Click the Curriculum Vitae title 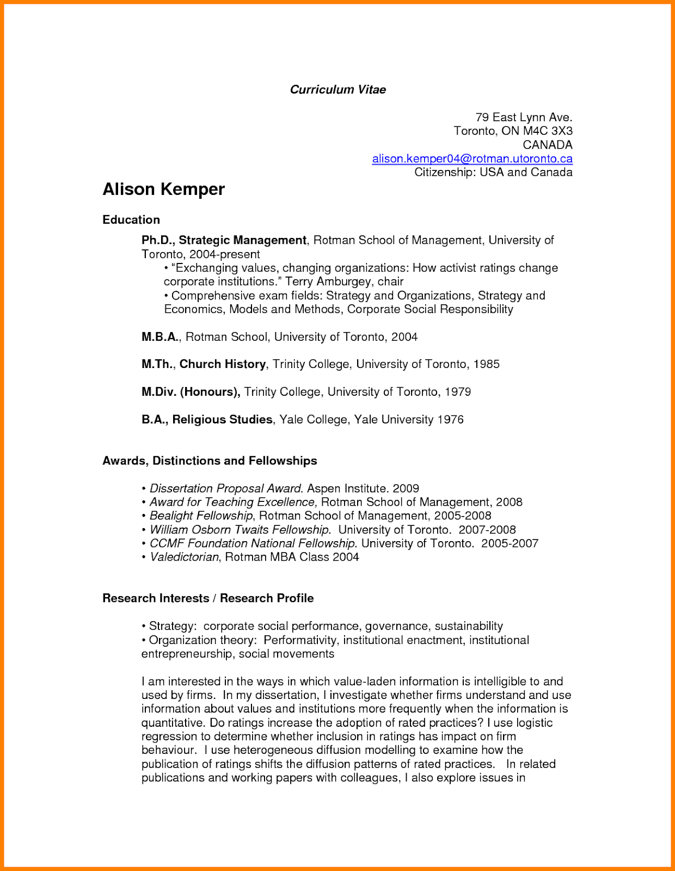[337, 90]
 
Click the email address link [472, 158]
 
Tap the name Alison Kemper [163, 189]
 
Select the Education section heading [131, 220]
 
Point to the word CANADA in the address [547, 145]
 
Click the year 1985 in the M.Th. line [486, 364]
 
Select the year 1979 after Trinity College [457, 392]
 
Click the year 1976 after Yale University [450, 420]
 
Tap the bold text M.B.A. [160, 337]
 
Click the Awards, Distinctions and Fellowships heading [210, 461]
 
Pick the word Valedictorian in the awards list [184, 557]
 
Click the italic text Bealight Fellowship [201, 516]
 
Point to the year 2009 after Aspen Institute [406, 488]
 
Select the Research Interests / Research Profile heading [208, 598]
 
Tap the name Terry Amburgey [321, 281]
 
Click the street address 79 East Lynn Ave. [524, 117]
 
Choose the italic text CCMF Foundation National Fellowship [253, 543]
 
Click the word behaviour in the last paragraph [168, 750]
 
